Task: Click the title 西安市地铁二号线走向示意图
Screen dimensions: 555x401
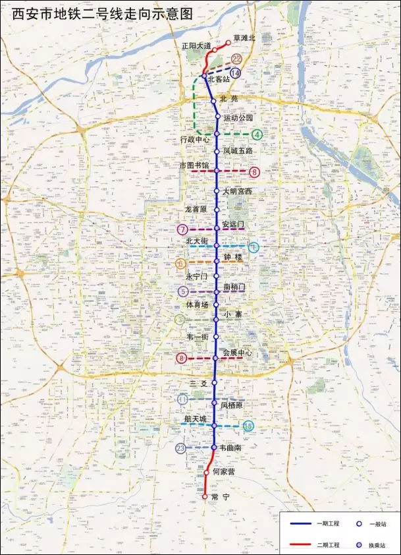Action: (x=99, y=14)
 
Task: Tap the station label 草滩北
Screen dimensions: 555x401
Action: (x=244, y=39)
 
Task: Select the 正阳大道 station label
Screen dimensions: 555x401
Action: (x=196, y=46)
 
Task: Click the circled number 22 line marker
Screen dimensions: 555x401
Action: (x=236, y=59)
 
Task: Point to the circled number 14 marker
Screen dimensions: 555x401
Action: (x=235, y=73)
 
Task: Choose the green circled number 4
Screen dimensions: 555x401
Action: (x=257, y=134)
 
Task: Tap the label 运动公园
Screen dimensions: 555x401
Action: (x=238, y=117)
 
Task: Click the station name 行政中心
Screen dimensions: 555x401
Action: (x=195, y=140)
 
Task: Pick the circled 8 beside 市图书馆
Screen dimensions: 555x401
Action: (x=255, y=173)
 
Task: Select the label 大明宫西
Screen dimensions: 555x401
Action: (x=237, y=191)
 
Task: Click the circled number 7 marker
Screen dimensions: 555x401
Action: (x=182, y=229)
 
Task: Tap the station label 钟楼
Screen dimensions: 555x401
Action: (x=233, y=257)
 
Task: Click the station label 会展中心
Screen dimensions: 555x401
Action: (x=238, y=353)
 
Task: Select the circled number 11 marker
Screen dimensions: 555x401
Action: (x=182, y=399)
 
